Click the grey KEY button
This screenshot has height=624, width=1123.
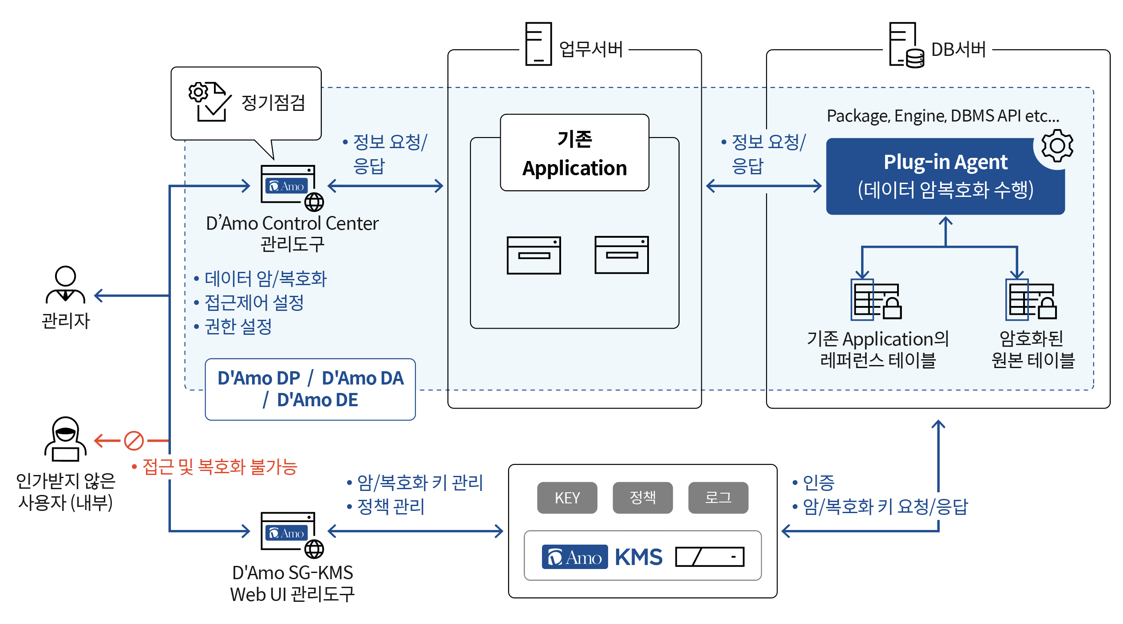pyautogui.click(x=567, y=498)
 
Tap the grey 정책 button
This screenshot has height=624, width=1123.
pyautogui.click(x=642, y=498)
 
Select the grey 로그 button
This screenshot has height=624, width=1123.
pyautogui.click(x=718, y=498)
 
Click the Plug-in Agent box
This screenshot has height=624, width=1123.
pyautogui.click(x=945, y=177)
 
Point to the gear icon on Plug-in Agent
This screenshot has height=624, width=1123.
pyautogui.click(x=1057, y=145)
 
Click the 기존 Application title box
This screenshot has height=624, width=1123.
pyautogui.click(x=574, y=153)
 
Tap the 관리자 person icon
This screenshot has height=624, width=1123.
pyautogui.click(x=65, y=285)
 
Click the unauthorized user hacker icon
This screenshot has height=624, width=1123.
pyautogui.click(x=65, y=439)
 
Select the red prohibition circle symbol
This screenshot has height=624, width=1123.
pyautogui.click(x=134, y=441)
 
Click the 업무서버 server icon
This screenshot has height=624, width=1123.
pyautogui.click(x=538, y=44)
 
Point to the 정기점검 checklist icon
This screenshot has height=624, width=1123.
pyautogui.click(x=210, y=102)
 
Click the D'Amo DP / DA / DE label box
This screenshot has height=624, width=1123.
pyautogui.click(x=310, y=389)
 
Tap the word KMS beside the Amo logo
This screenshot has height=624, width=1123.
pyautogui.click(x=638, y=557)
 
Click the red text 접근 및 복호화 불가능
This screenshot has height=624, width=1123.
pyautogui.click(x=220, y=467)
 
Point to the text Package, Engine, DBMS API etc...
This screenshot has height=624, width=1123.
pyautogui.click(x=943, y=116)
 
